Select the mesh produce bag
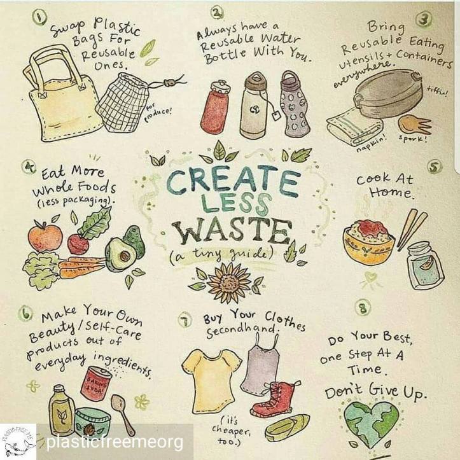pos(124,103)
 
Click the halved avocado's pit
pos(125,256)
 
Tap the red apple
pos(45,237)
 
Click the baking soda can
pos(96,384)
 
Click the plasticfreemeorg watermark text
pos(115,442)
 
